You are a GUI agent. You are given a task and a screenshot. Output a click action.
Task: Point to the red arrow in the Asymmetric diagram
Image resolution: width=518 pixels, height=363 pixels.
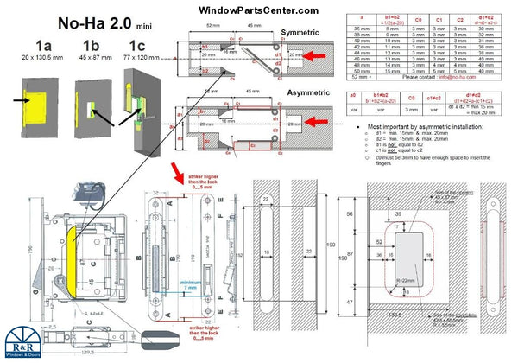pyautogui.click(x=313, y=124)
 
